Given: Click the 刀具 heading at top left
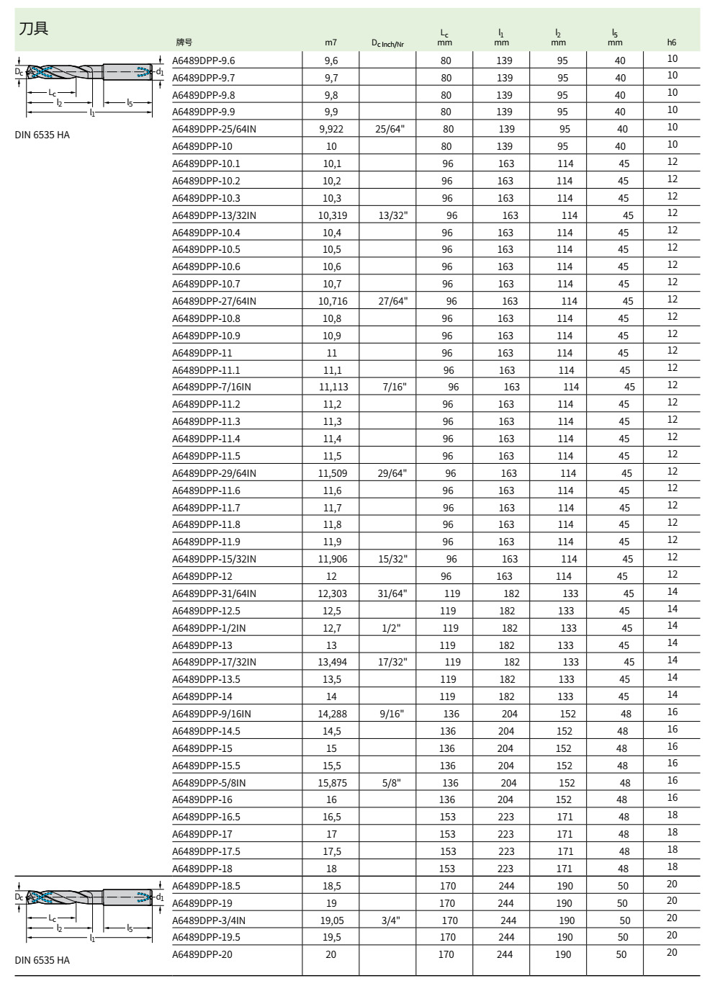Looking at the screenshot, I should coord(34,29).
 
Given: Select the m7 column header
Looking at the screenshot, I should coord(330,42).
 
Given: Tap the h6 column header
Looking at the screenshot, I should coord(672,42).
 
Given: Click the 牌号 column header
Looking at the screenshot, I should coord(184,42).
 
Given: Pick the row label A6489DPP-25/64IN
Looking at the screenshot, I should coord(214,129).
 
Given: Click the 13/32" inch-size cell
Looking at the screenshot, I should coord(392,215).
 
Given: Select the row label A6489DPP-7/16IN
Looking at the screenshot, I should coord(212,387).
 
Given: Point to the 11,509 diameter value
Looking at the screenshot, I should coord(333,473).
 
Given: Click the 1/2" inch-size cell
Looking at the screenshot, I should coord(391,628).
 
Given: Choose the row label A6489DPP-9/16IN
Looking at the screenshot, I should coord(212,714).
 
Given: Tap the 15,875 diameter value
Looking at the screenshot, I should coord(333,783).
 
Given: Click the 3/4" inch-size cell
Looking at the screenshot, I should coord(391,920).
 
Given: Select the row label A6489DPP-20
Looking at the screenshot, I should coord(202,954).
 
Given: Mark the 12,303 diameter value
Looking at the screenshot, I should coord(333,593).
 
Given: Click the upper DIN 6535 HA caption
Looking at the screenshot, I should coord(42,135).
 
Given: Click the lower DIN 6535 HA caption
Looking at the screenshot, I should coord(42,960).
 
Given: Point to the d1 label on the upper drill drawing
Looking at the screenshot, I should coord(160,71).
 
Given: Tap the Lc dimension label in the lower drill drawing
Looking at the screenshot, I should coord(52,918).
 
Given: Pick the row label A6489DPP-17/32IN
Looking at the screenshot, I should coord(214,662).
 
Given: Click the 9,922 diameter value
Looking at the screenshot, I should coord(331,129).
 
